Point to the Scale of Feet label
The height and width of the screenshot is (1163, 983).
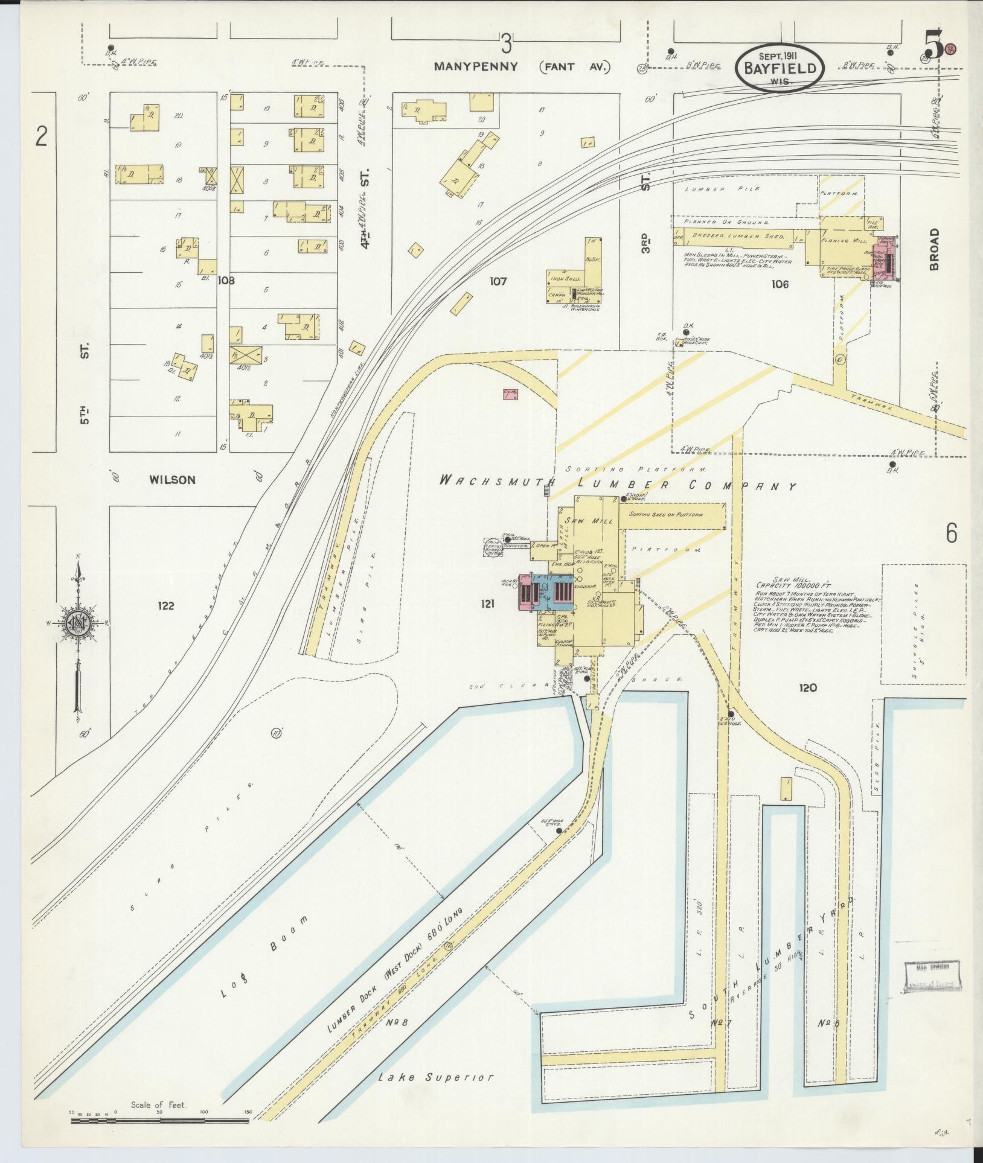pyautogui.click(x=159, y=1105)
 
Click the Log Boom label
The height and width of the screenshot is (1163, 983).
pyautogui.click(x=264, y=965)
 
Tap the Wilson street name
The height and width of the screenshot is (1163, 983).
pyautogui.click(x=173, y=480)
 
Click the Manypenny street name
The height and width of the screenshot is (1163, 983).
pyautogui.click(x=476, y=67)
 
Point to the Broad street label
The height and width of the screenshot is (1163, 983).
pyautogui.click(x=935, y=249)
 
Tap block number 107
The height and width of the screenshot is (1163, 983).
pyautogui.click(x=498, y=281)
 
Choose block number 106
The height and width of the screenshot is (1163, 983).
pyautogui.click(x=780, y=284)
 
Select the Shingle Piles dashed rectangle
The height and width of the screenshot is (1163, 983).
pyautogui.click(x=923, y=624)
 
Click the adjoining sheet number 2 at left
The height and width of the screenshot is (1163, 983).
pyautogui.click(x=40, y=136)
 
